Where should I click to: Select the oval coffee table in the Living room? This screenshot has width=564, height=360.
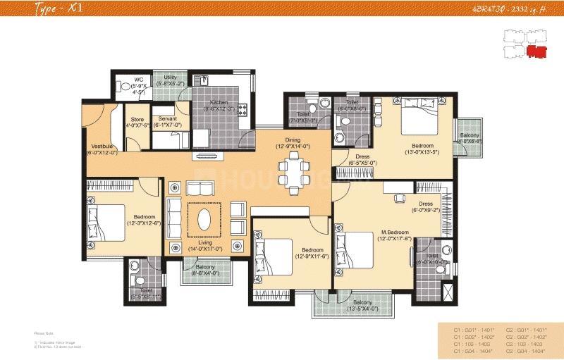tap(204, 219)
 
